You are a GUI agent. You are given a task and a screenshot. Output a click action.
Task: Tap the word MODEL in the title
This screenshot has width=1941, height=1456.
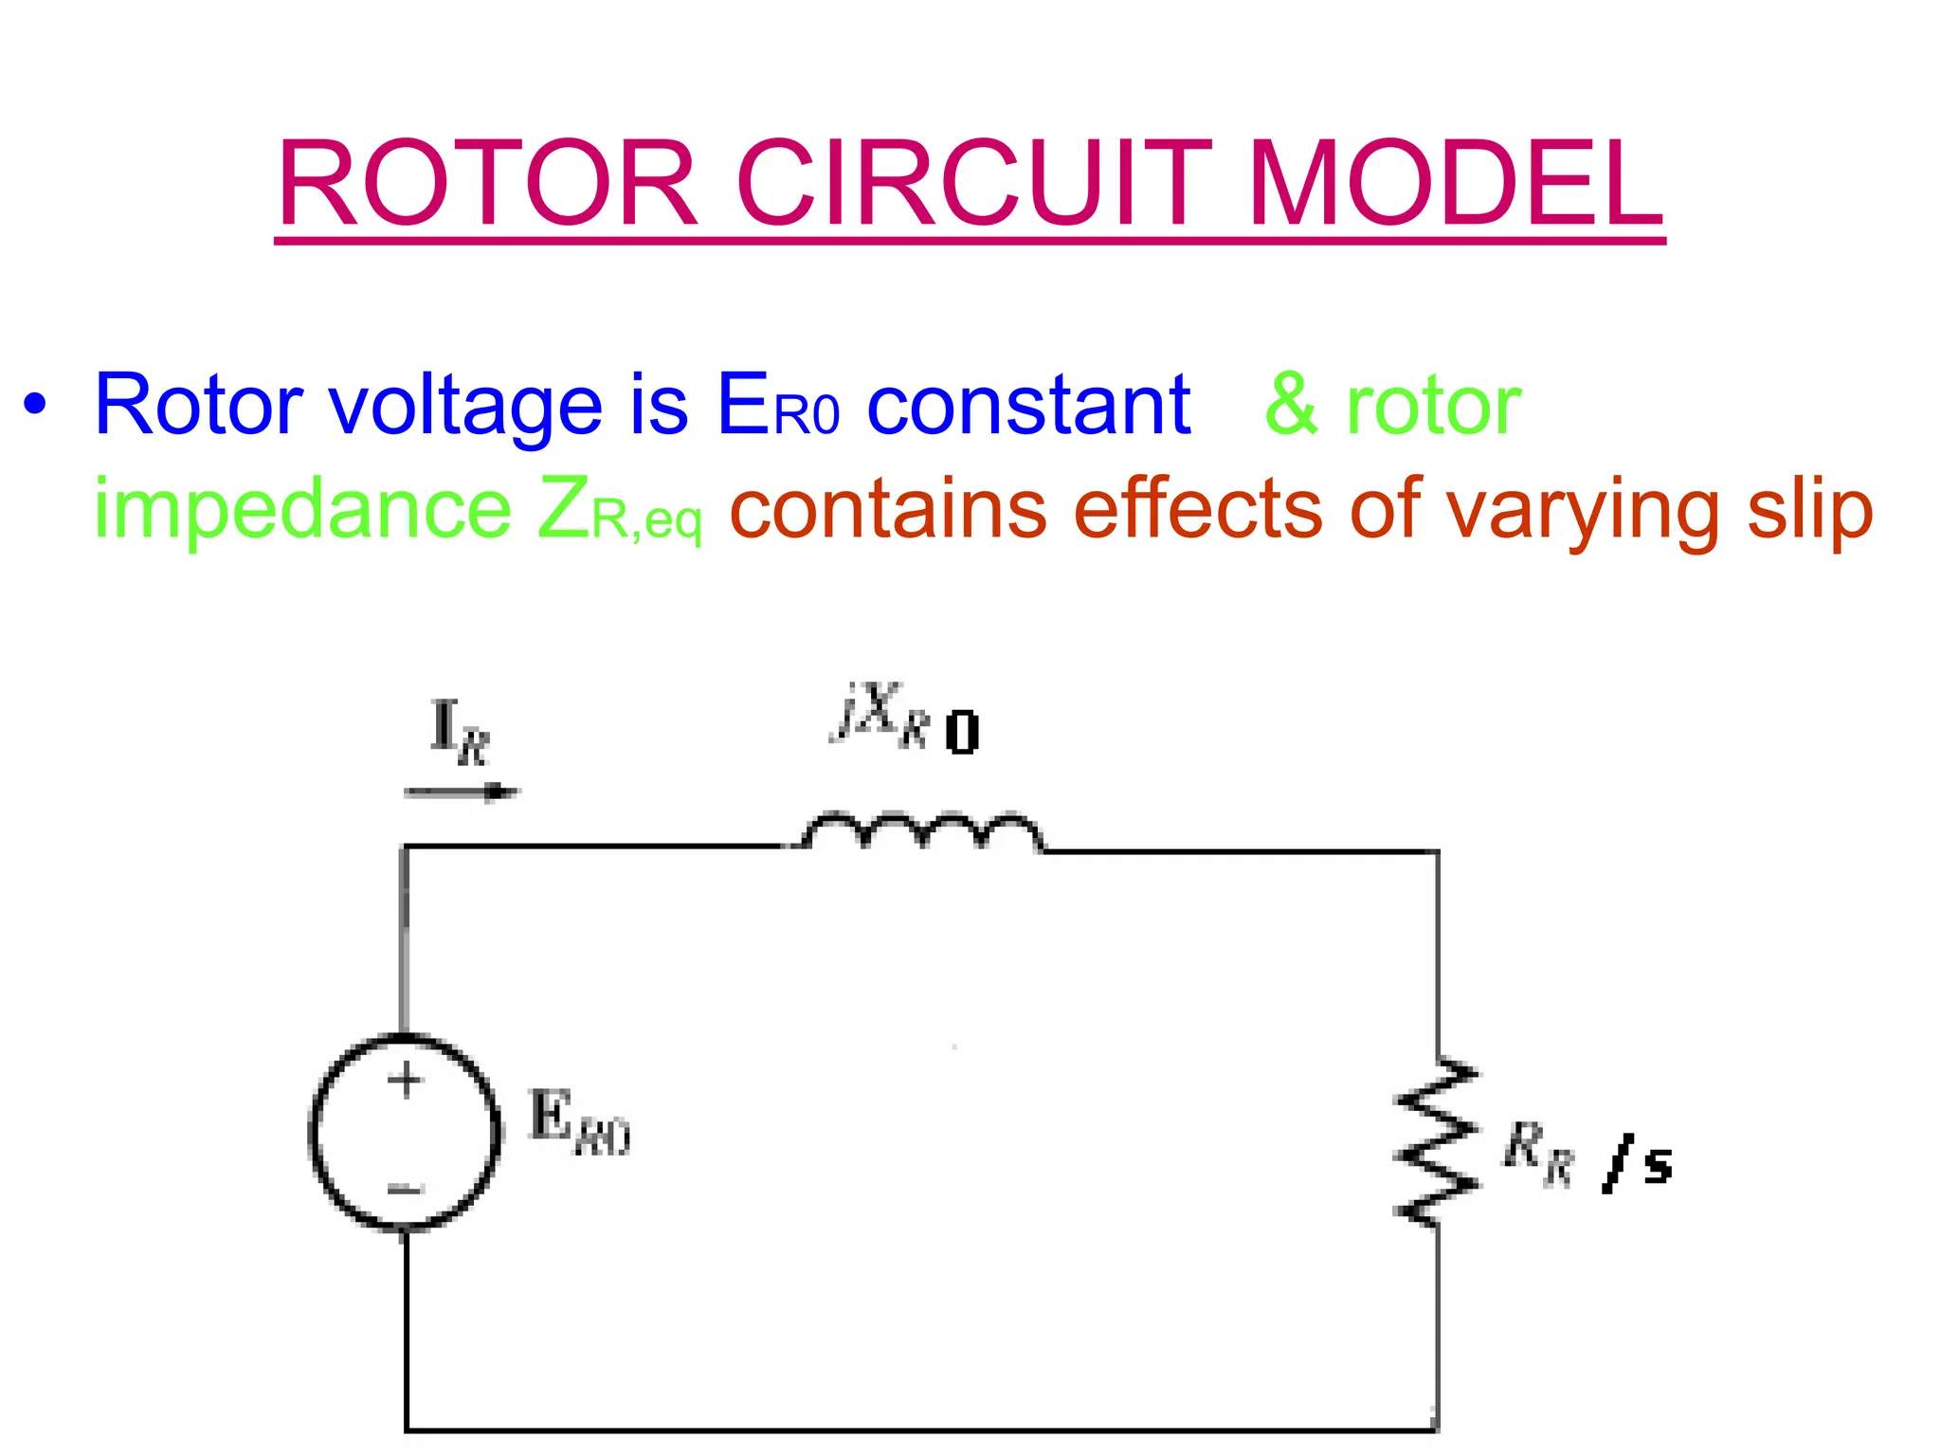[x=1454, y=184]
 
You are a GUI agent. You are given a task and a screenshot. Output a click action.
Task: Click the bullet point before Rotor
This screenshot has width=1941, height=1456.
[x=35, y=406]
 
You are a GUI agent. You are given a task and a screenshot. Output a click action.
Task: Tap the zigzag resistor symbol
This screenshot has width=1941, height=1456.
[x=1436, y=1141]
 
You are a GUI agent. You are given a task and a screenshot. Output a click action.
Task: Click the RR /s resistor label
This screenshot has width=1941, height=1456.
[x=1587, y=1156]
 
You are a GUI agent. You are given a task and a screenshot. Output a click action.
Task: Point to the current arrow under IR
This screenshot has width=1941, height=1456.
[x=462, y=792]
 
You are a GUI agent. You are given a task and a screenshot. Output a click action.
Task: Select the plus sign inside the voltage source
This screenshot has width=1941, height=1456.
[x=405, y=1080]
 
